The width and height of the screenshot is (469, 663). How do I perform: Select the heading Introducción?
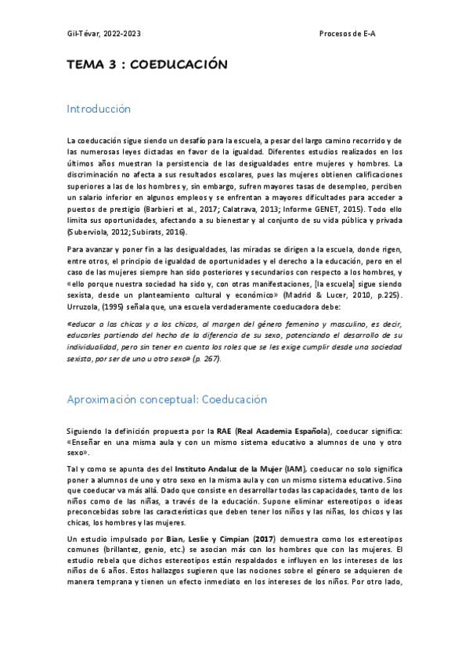[x=99, y=109]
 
